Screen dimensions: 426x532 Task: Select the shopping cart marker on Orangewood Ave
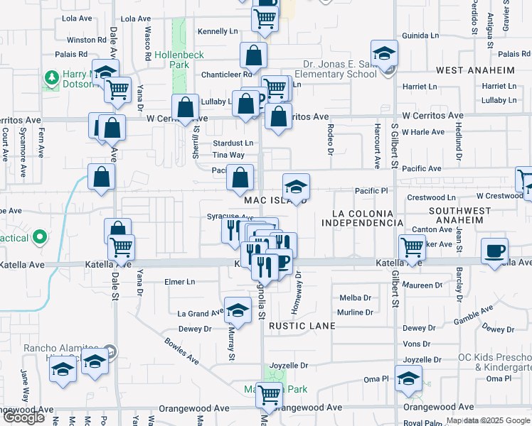(x=269, y=393)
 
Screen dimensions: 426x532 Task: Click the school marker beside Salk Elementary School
(x=384, y=53)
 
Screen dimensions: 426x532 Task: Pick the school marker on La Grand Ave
(x=238, y=310)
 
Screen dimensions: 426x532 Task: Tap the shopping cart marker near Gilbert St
(x=413, y=247)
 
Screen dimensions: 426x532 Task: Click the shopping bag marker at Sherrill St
(x=185, y=107)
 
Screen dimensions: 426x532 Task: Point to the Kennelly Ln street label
(x=218, y=32)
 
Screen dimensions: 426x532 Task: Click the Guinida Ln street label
(x=420, y=35)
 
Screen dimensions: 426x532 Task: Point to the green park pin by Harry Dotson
(x=51, y=77)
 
